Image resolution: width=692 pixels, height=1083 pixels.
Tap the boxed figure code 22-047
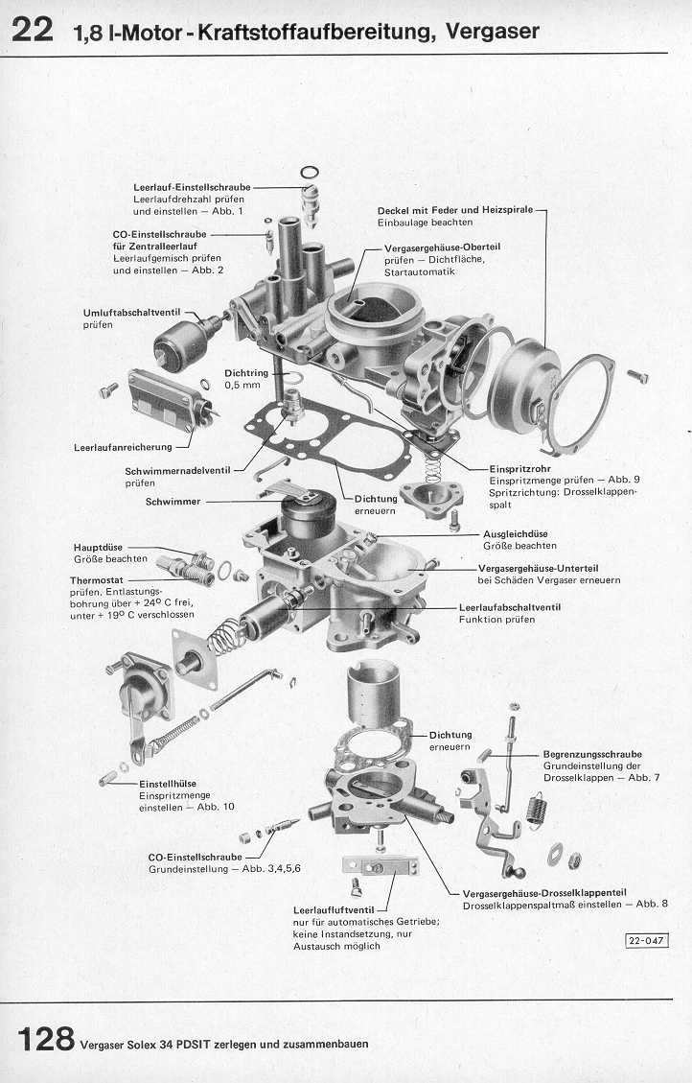(647, 940)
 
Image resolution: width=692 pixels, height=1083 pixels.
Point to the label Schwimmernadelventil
(177, 471)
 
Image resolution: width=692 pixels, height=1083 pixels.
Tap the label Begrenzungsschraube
(592, 754)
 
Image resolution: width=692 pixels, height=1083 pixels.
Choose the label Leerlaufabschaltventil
(510, 607)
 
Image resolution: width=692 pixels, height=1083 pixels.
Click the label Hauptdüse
(98, 547)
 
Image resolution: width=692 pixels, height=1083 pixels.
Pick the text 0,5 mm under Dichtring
(242, 385)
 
